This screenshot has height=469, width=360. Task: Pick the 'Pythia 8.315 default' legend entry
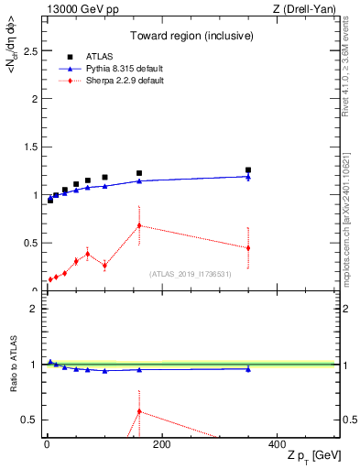pyautogui.click(x=123, y=70)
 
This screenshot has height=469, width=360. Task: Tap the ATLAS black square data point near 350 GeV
pyautogui.click(x=248, y=169)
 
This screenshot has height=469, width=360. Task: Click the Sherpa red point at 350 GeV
pyautogui.click(x=248, y=248)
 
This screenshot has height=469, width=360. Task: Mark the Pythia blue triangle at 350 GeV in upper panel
pyautogui.click(x=248, y=177)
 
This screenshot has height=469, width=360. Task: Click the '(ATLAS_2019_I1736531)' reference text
pyautogui.click(x=191, y=273)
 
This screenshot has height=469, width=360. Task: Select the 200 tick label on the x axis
pyautogui.click(x=162, y=444)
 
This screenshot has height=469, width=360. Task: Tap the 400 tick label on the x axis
pyautogui.click(x=277, y=444)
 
